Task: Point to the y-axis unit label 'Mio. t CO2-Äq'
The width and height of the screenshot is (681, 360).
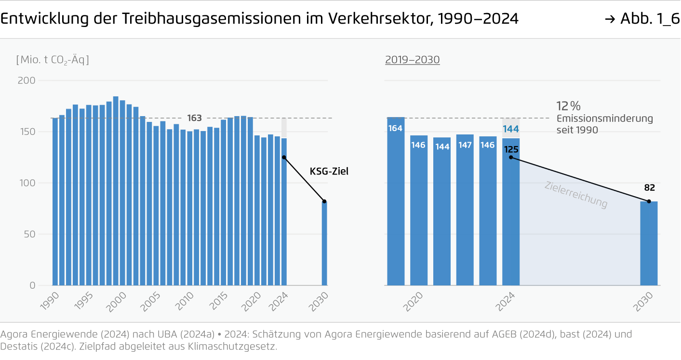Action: point(53,60)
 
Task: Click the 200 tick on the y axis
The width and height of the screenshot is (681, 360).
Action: point(27,80)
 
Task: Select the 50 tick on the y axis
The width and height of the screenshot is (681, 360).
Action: point(30,234)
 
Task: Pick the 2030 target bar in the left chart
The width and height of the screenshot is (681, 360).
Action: point(324,243)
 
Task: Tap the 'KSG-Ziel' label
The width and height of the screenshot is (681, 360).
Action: point(329,171)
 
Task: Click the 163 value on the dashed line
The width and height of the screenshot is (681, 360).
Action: point(194,118)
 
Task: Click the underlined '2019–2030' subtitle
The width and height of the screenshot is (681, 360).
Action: point(412,60)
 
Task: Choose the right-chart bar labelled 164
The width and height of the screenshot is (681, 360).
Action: point(396,202)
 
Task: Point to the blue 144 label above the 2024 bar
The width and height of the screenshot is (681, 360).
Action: point(511,129)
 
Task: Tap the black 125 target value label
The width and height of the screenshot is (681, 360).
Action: point(510,149)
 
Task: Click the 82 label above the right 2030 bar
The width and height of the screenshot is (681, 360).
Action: point(649,188)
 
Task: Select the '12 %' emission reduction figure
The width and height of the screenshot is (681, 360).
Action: point(569,107)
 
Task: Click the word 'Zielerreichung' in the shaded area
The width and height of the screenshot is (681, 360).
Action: point(576,195)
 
